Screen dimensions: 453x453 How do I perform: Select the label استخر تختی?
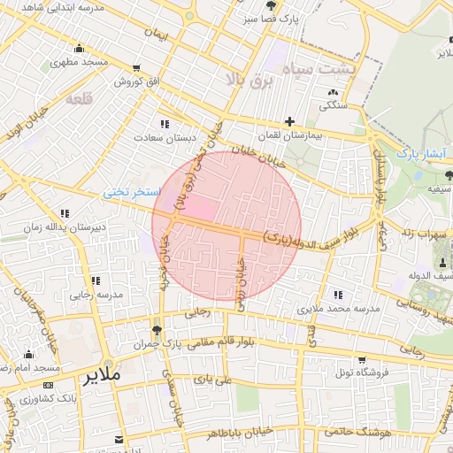coord(132,191)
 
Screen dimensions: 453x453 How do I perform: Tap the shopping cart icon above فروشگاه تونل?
coord(361,359)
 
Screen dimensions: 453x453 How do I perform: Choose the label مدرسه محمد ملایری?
coord(337,309)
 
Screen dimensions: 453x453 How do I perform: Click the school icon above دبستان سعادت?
coord(164,124)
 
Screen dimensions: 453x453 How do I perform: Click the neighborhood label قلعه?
coord(80,99)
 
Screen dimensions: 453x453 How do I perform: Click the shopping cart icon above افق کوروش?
coord(137,68)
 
